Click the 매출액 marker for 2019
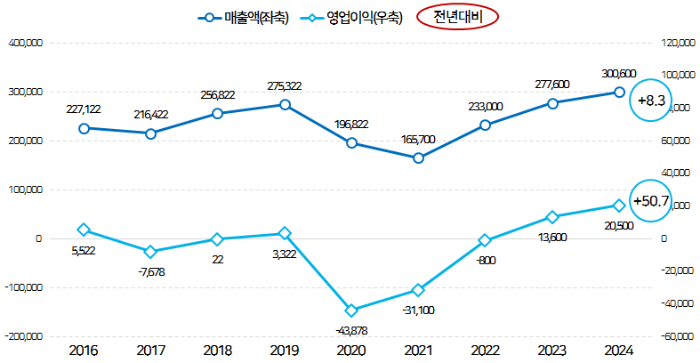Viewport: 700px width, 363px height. pos(285,105)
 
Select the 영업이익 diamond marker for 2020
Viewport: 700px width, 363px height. pos(351,311)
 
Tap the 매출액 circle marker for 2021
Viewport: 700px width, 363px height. pos(418,158)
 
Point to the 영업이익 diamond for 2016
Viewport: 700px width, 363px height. pos(84,230)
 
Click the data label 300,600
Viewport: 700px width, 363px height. pos(618,74)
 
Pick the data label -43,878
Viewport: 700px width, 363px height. pos(351,331)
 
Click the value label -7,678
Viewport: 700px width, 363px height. pos(150,271)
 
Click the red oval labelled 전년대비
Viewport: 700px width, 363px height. pos(457,17)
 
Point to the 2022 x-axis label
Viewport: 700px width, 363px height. pos(485,351)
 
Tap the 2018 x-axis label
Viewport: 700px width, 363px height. pos(217,351)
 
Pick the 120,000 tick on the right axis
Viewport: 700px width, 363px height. pos(677,43)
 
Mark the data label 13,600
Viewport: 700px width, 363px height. pos(551,237)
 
